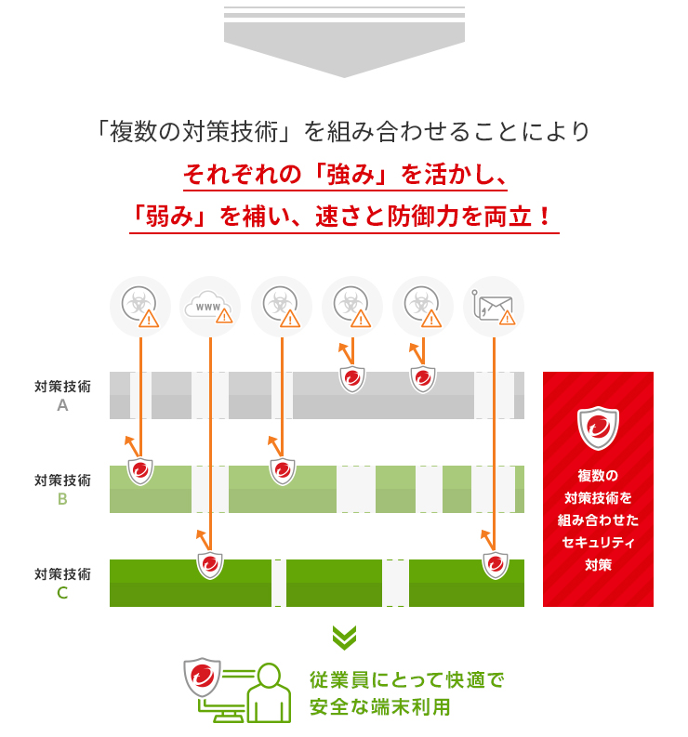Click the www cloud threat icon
210,307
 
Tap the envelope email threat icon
494,307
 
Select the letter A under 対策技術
62,405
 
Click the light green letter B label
62,499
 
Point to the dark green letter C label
62,593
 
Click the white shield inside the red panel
598,428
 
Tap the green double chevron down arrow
344,638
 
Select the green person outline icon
269,692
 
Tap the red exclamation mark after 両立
545,217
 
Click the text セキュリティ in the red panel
598,543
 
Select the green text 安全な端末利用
380,707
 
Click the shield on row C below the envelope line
496,565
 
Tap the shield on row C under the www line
210,565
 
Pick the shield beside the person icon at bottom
202,677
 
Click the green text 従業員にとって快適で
407,680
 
